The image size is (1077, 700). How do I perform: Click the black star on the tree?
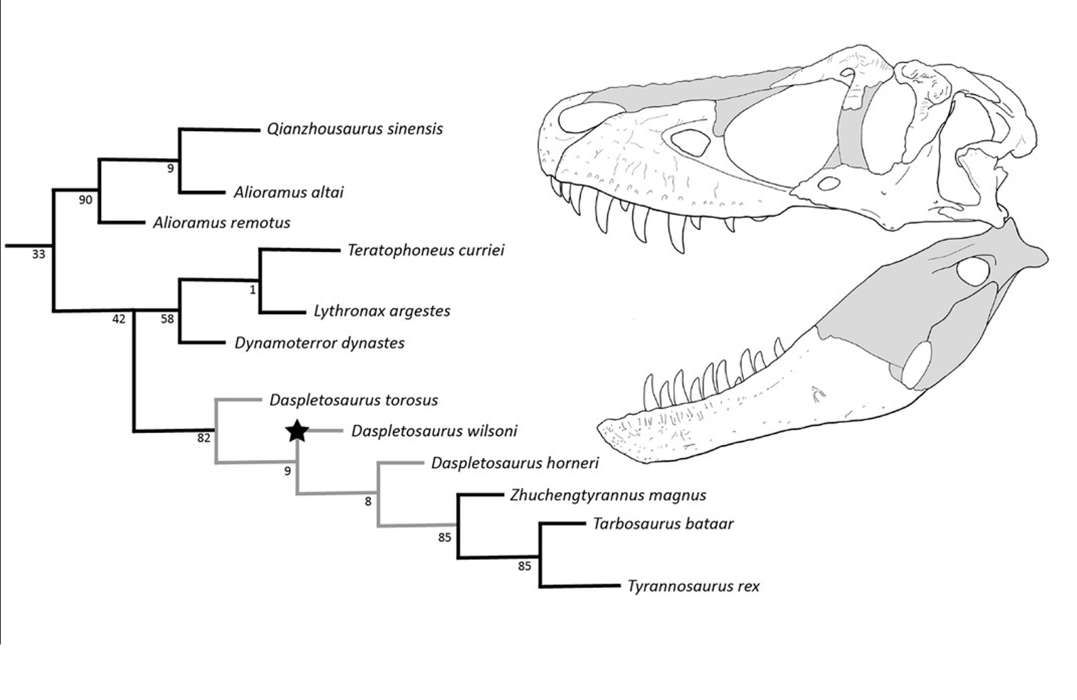(x=297, y=430)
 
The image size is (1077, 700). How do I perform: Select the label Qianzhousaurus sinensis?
(x=354, y=129)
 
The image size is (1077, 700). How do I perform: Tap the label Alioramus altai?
(x=288, y=192)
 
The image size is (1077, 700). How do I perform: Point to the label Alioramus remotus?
(x=221, y=223)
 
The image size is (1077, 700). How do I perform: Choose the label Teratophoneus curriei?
(x=426, y=250)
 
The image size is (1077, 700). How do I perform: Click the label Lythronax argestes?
(x=382, y=311)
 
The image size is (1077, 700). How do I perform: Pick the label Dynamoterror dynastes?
(x=320, y=343)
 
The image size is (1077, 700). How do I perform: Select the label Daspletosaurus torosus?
(x=353, y=400)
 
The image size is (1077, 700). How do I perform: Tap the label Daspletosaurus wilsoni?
(x=434, y=432)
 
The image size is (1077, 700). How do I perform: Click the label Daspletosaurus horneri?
(x=515, y=464)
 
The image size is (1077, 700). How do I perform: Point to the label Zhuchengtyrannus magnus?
(x=608, y=495)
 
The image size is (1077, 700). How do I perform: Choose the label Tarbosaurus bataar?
(x=663, y=524)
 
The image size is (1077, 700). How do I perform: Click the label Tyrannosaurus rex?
(x=693, y=587)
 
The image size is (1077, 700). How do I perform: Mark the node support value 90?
(x=85, y=200)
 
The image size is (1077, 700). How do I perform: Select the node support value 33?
(x=38, y=254)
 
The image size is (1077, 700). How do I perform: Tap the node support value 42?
(x=119, y=319)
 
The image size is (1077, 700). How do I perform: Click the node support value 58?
(x=167, y=319)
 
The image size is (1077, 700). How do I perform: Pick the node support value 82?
(x=204, y=438)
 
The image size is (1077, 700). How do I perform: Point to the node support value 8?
(x=368, y=501)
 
